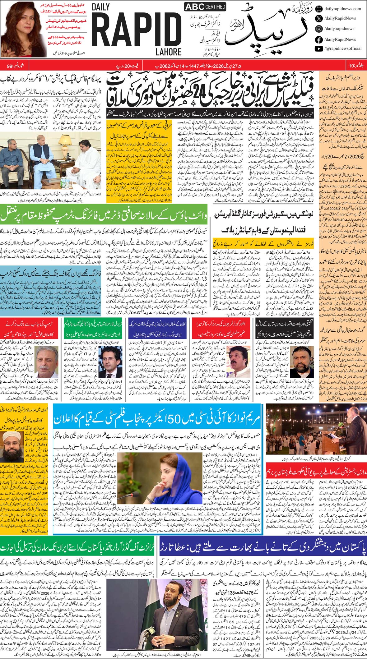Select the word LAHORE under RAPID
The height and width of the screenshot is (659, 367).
(x=168, y=52)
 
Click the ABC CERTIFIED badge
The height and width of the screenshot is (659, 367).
(x=201, y=7)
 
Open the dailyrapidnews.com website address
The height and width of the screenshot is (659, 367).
(x=342, y=9)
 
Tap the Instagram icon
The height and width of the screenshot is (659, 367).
(x=318, y=29)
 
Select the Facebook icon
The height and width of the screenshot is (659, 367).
(x=318, y=39)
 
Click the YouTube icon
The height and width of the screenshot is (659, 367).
(x=318, y=48)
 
